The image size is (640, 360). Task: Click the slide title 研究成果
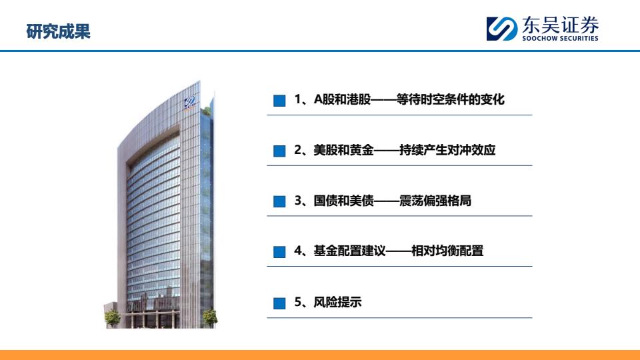[x=58, y=31]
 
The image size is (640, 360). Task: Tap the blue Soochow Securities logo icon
[x=501, y=29]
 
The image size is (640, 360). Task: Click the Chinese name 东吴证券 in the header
[x=561, y=25]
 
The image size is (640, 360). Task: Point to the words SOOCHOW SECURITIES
[x=561, y=39]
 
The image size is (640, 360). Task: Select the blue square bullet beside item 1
[x=279, y=101]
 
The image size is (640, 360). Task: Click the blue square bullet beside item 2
[x=279, y=151]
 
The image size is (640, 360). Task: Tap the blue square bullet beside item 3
[x=279, y=201]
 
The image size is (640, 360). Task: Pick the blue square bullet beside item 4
[x=279, y=252]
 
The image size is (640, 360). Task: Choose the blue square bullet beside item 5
[x=279, y=303]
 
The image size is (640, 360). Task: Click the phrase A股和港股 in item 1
[x=342, y=99]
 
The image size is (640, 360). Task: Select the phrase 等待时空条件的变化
[x=451, y=99]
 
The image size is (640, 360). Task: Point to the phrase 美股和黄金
[x=343, y=150]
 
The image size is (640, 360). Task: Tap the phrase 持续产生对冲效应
[x=447, y=150]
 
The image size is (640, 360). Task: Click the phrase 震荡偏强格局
[x=435, y=201]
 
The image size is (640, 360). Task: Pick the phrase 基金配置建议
[x=349, y=251]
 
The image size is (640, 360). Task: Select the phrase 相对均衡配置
[x=447, y=251]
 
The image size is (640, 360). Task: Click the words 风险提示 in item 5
[x=337, y=302]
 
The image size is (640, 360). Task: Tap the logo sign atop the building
[x=189, y=103]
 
